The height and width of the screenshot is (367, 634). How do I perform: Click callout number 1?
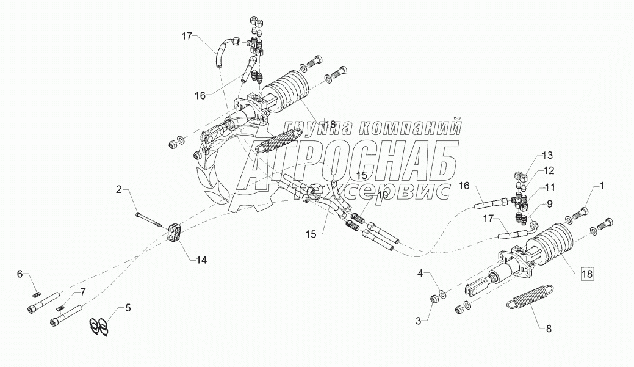pos(602,185)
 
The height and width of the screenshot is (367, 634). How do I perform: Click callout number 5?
pos(128,308)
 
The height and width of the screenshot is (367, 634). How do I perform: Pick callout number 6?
pos(19,274)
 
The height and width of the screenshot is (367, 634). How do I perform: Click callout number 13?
pos(549,204)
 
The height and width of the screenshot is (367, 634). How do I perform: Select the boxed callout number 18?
pos(586,274)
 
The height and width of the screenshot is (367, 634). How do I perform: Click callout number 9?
pos(549,204)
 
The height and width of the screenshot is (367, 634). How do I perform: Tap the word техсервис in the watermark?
pos(373,189)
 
